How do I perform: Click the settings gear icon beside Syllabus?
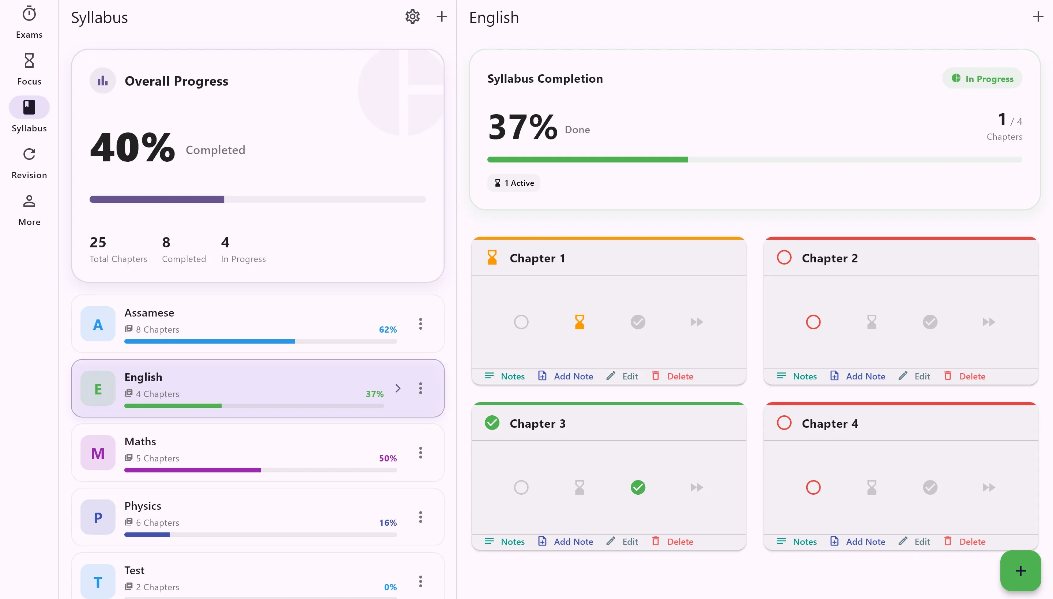click(412, 17)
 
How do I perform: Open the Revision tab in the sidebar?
click(29, 163)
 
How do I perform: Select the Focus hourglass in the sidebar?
click(29, 69)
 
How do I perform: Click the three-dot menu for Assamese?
click(420, 324)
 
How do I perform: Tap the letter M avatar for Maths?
click(98, 453)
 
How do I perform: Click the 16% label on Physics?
click(388, 523)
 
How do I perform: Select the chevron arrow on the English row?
click(398, 388)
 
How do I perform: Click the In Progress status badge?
click(982, 79)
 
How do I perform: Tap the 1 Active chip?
click(514, 183)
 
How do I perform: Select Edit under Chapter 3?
click(622, 542)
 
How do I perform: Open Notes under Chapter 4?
click(797, 542)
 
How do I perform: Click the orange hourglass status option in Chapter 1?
click(580, 322)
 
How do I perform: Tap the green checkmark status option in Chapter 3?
click(638, 487)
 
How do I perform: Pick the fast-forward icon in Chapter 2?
click(989, 322)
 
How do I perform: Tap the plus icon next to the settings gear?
click(441, 16)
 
